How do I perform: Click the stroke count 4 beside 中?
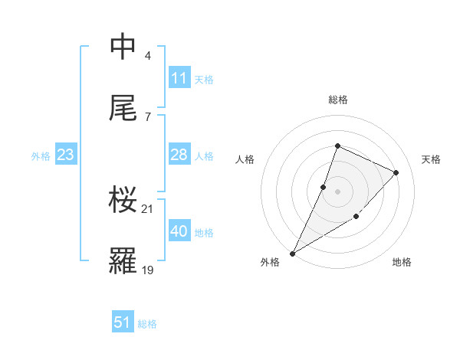tap(148, 56)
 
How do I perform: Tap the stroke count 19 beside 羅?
tap(148, 270)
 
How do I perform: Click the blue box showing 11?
tap(179, 78)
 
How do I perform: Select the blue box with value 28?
tap(179, 155)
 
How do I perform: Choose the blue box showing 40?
tap(179, 231)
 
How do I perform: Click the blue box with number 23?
tap(65, 155)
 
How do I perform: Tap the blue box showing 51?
tap(123, 322)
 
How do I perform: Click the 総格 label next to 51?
tap(147, 324)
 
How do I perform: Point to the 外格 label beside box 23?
tap(41, 156)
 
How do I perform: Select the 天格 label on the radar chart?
tap(431, 159)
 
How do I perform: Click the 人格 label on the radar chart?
tap(245, 159)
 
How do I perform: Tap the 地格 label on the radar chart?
tap(402, 263)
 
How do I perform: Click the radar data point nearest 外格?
tap(292, 254)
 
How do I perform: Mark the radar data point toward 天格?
tap(396, 172)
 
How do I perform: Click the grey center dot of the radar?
tap(337, 191)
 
